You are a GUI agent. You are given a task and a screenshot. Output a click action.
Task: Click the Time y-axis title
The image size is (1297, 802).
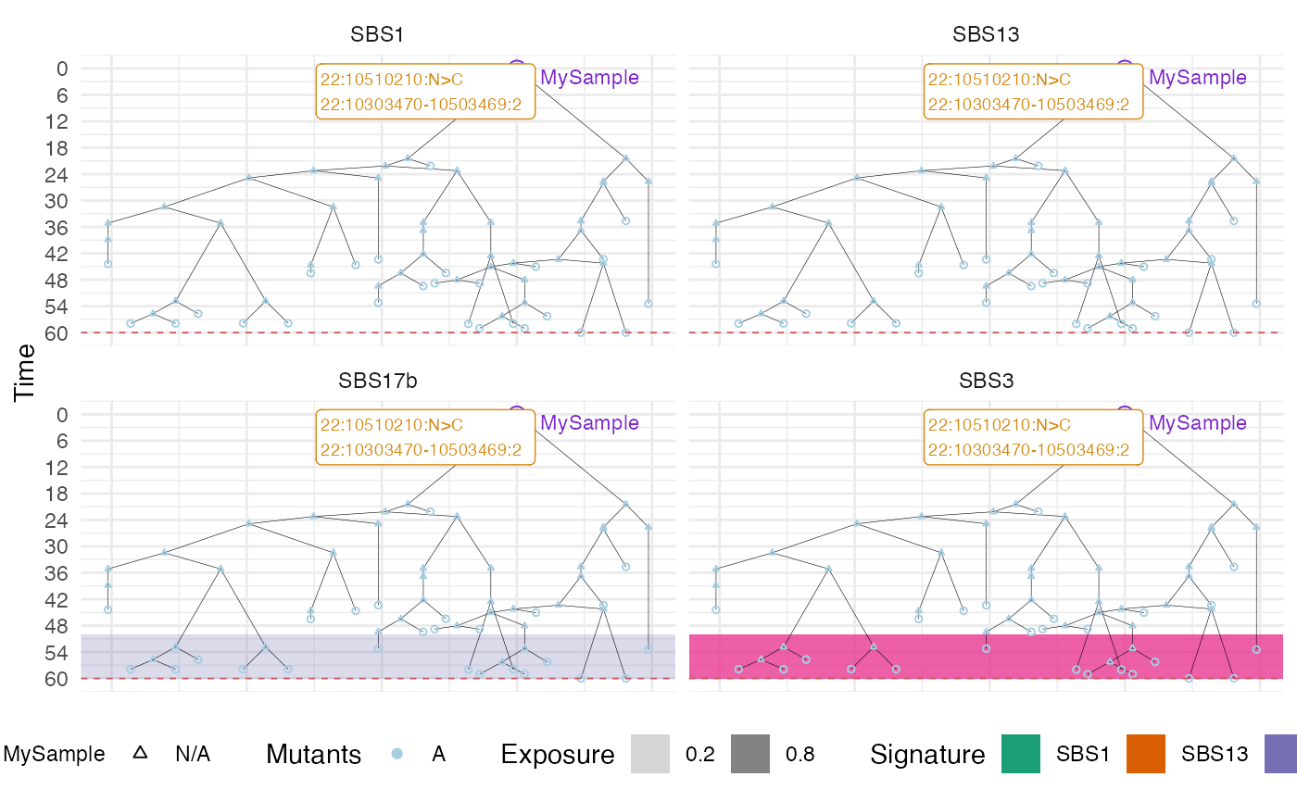tap(25, 372)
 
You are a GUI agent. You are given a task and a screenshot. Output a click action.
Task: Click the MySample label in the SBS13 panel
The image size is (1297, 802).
tap(1197, 78)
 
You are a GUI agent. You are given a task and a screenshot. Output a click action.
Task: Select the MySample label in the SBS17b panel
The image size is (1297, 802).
tap(589, 423)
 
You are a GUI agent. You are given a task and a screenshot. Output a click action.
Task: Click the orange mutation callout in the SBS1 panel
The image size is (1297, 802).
tap(425, 92)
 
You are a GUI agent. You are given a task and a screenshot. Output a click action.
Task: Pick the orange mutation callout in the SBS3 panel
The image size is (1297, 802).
tap(1033, 437)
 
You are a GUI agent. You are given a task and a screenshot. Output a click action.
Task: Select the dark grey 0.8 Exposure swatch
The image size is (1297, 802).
tap(749, 754)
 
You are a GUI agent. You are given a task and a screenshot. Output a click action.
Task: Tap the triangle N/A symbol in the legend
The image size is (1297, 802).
tap(140, 754)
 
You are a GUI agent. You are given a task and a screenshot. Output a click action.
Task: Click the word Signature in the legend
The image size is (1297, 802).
tap(927, 755)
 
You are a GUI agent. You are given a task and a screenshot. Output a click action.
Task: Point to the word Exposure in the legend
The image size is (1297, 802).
tap(558, 755)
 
